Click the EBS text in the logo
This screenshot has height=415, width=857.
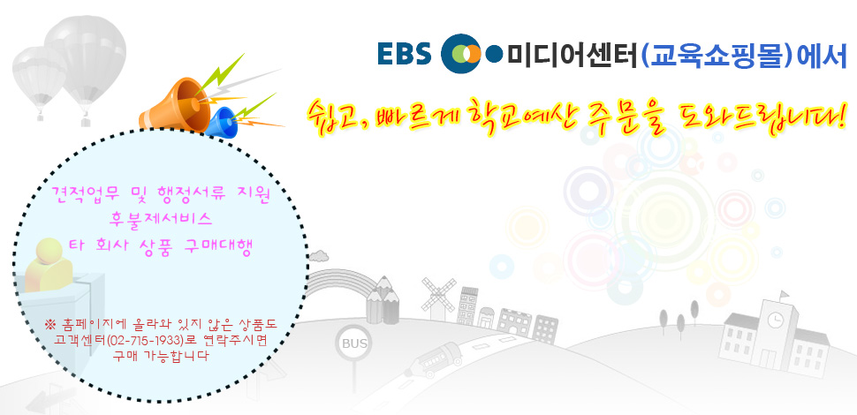(x=405, y=54)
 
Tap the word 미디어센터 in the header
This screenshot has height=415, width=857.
(x=573, y=55)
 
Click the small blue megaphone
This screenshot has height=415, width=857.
(x=223, y=123)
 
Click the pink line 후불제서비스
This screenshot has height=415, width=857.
(x=161, y=220)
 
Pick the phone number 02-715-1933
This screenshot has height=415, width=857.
(x=146, y=340)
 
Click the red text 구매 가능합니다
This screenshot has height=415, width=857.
(x=161, y=356)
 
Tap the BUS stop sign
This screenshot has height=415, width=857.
(x=353, y=344)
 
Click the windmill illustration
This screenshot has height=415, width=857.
(x=438, y=298)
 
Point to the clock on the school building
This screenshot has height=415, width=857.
(x=775, y=321)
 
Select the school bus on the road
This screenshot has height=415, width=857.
(x=435, y=358)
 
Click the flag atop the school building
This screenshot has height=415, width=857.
(x=785, y=295)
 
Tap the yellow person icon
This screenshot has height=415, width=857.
(x=48, y=265)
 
